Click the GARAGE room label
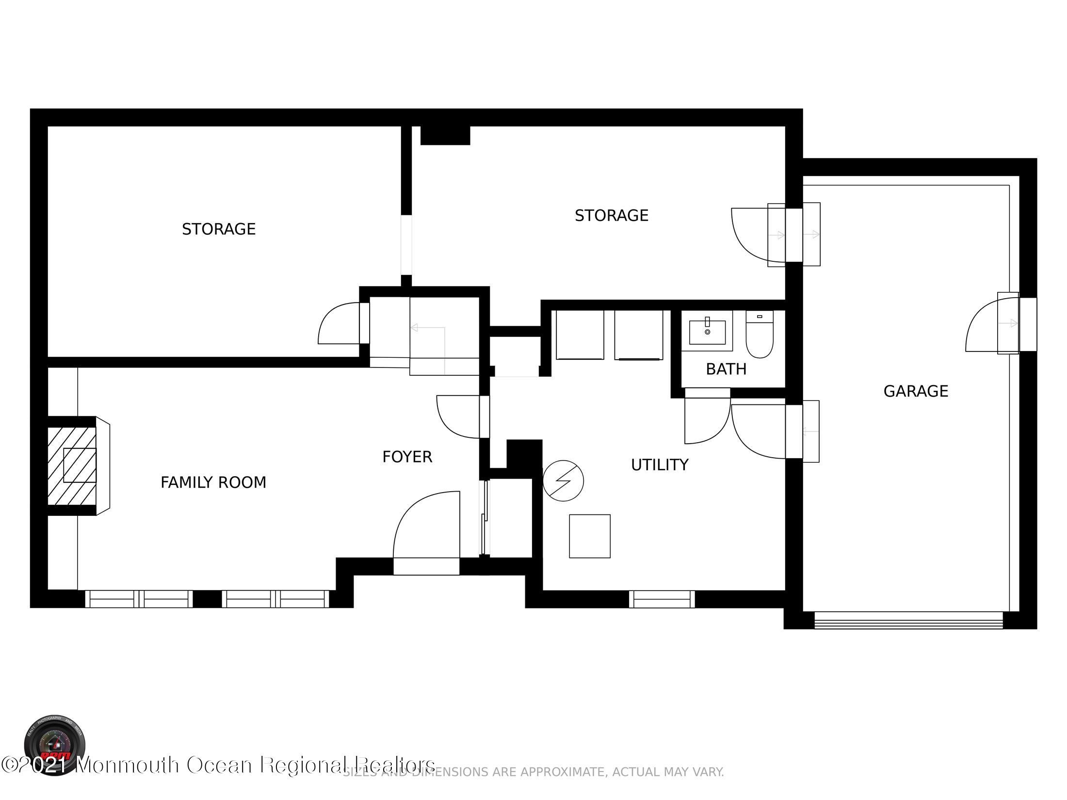[916, 391]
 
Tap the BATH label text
[726, 369]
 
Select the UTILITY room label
[660, 465]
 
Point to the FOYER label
[407, 457]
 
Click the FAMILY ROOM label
[213, 482]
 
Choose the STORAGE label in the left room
[219, 229]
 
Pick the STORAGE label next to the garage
[611, 216]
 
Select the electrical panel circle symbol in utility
[563, 480]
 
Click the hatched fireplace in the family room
[72, 465]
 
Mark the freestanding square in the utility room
[589, 536]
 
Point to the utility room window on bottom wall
[662, 599]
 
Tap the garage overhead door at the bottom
[908, 620]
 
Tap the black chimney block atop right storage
[445, 135]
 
